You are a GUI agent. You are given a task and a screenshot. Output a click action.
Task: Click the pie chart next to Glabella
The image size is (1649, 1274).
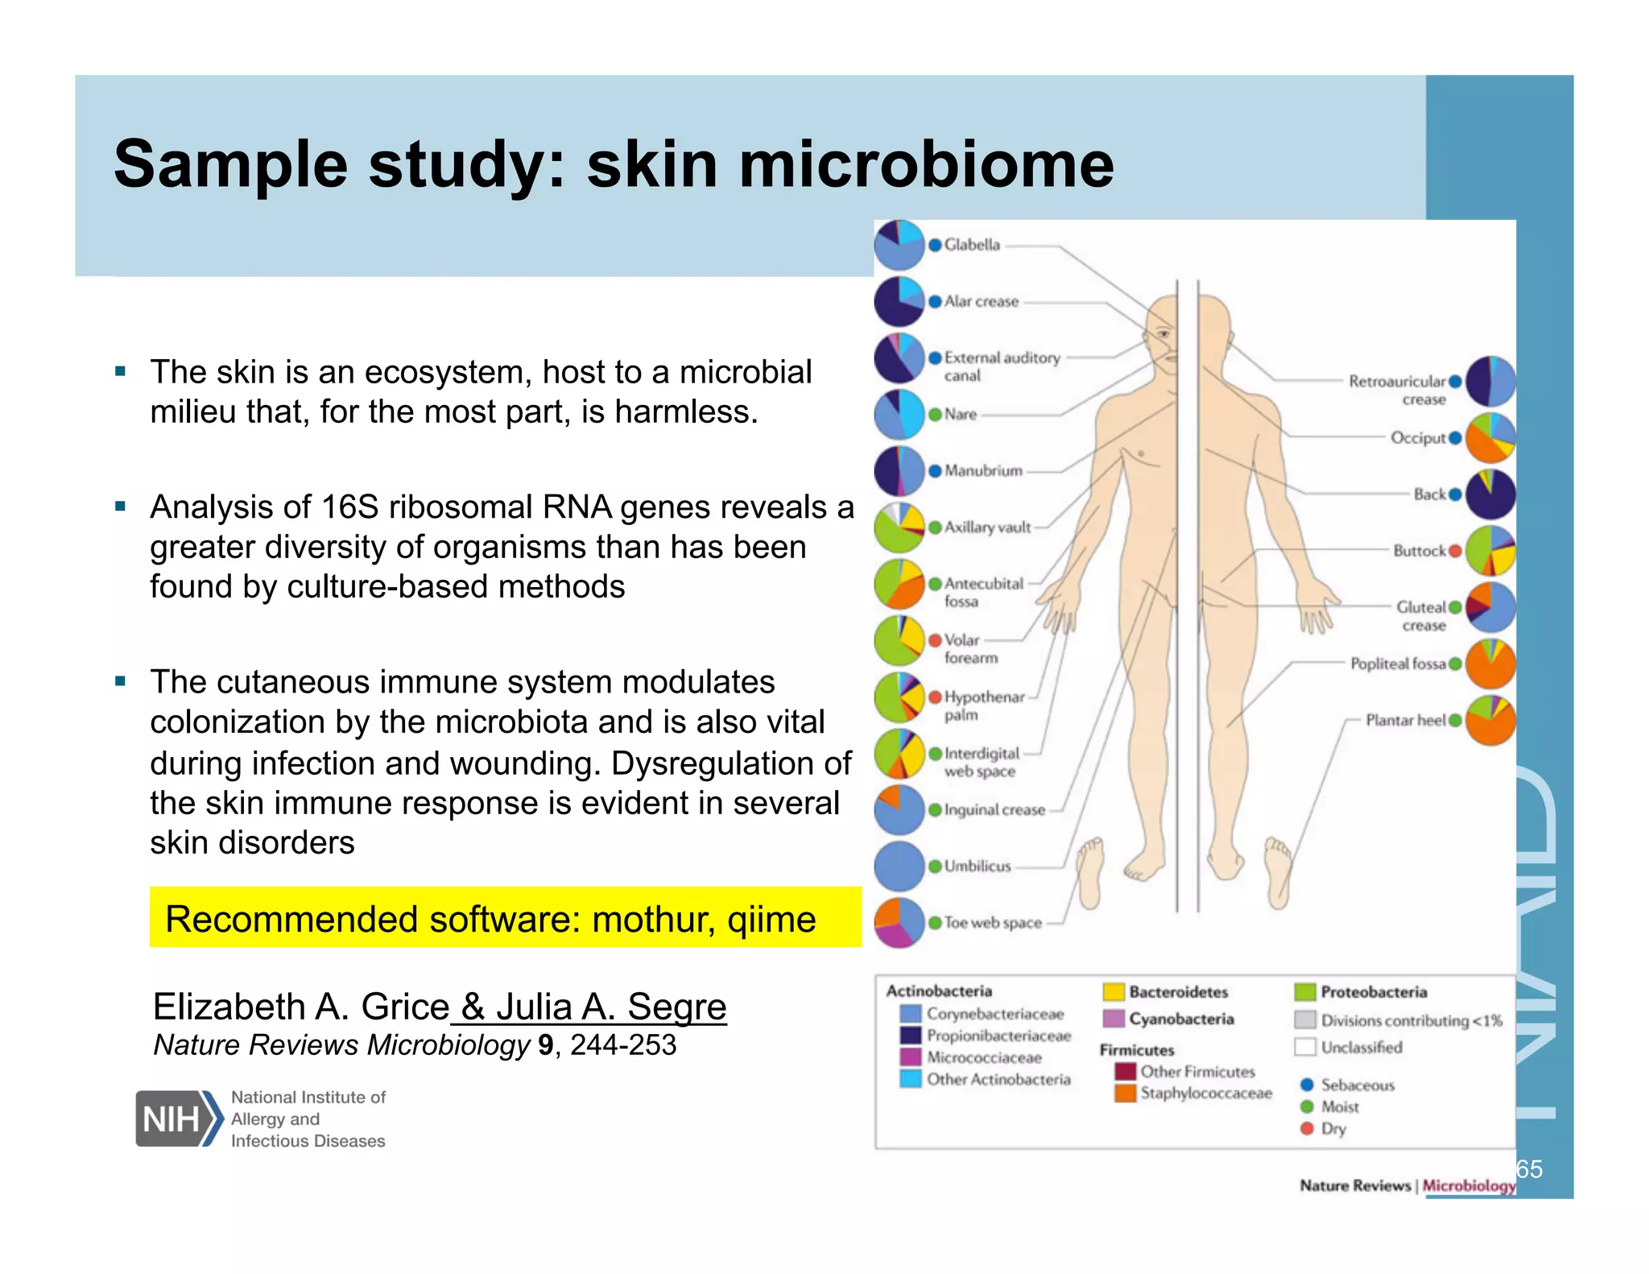click(899, 245)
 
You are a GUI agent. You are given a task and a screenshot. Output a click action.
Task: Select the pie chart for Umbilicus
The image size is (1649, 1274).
click(899, 866)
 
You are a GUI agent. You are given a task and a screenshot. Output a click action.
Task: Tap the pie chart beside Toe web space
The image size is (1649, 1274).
click(899, 922)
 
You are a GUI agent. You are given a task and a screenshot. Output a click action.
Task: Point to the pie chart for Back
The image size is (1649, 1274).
click(1490, 494)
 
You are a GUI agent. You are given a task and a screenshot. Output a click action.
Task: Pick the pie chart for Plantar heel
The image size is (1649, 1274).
click(1490, 720)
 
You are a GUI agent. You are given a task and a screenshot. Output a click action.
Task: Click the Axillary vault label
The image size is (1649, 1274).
click(987, 527)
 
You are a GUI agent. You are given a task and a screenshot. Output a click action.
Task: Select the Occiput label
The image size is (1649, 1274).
click(1418, 438)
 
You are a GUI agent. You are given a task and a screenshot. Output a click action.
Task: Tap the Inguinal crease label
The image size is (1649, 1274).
click(994, 810)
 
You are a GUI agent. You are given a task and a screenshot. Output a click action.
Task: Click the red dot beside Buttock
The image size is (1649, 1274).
click(1455, 551)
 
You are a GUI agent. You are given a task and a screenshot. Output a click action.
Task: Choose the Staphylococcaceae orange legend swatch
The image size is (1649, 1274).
click(1125, 1093)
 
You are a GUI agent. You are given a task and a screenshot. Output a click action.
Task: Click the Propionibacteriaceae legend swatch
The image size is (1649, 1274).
click(911, 1035)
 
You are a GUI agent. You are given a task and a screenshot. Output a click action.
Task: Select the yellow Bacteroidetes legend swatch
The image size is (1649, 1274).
click(1114, 992)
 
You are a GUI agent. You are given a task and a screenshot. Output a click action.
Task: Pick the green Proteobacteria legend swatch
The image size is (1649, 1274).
click(1304, 992)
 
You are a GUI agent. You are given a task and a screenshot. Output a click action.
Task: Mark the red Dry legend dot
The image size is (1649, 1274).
click(1307, 1128)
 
